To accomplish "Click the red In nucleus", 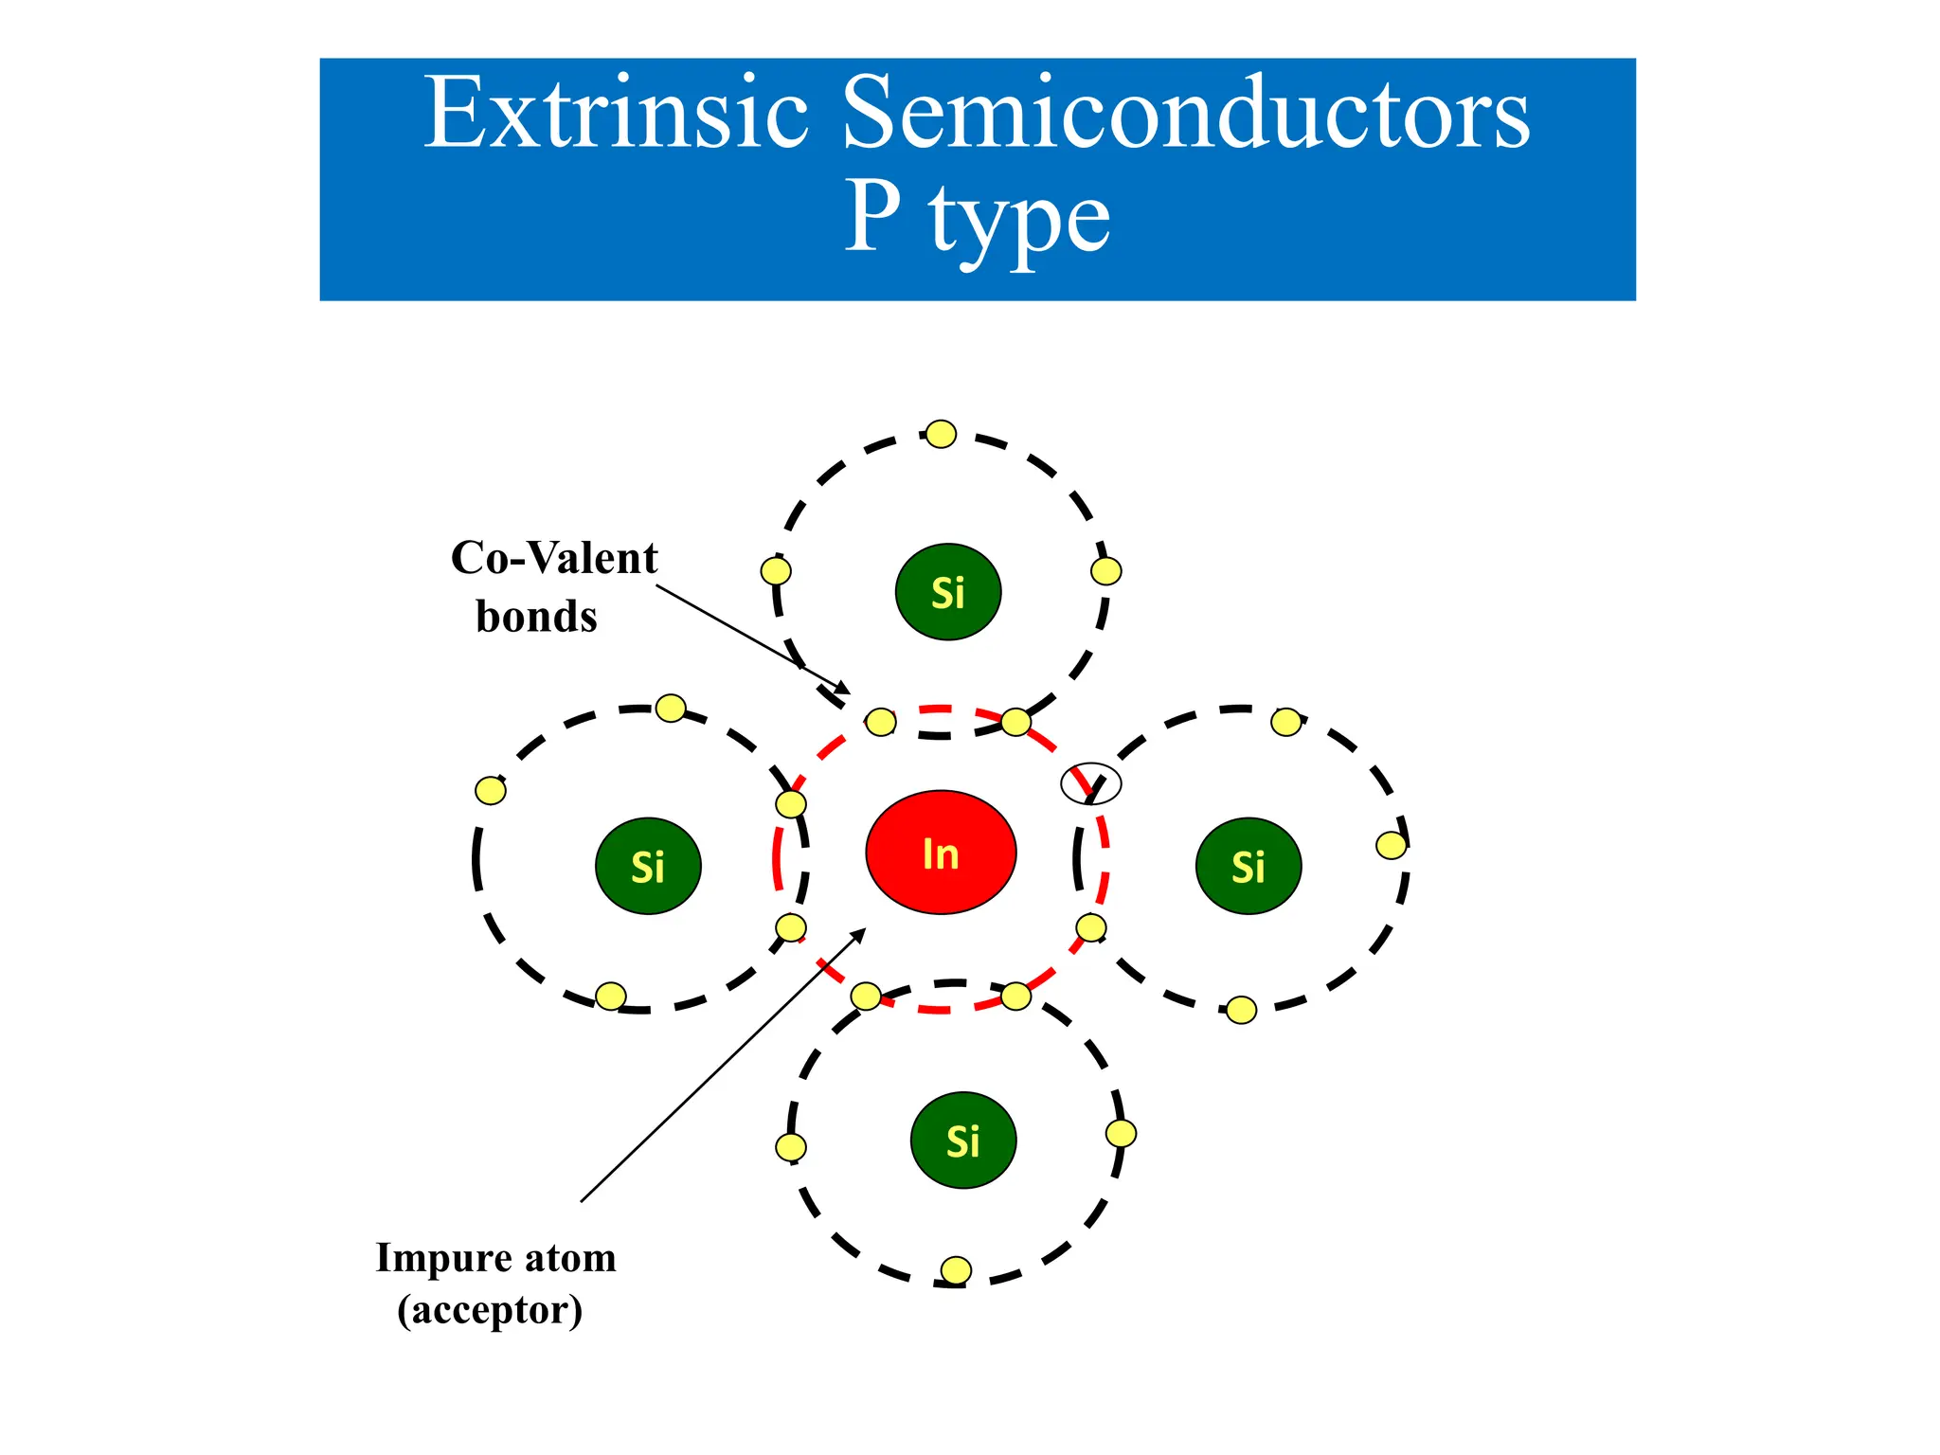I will [x=941, y=853].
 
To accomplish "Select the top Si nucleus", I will [x=947, y=592].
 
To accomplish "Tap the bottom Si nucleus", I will [x=962, y=1141].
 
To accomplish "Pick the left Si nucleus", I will [x=648, y=866].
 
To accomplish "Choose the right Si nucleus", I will [x=1248, y=866].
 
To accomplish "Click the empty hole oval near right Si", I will [x=1090, y=783].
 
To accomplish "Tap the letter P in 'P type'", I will [x=871, y=218].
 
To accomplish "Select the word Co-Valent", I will [x=554, y=558].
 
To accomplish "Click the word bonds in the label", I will [x=536, y=617].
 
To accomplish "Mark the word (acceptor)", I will [x=490, y=1310].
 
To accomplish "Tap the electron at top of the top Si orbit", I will [x=941, y=434].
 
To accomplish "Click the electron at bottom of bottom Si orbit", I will [x=956, y=1269].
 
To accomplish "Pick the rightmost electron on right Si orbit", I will [x=1391, y=845].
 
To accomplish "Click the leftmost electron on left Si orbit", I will [x=490, y=790].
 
